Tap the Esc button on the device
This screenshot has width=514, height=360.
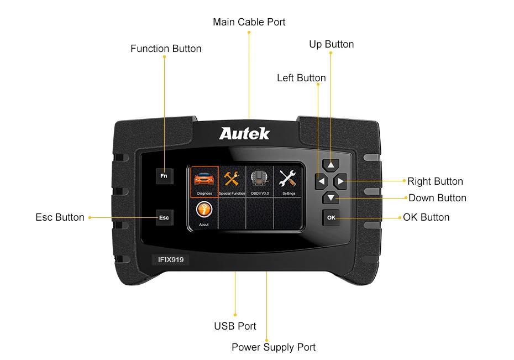click(164, 217)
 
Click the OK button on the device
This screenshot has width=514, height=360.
click(331, 217)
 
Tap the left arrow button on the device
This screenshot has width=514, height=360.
click(321, 181)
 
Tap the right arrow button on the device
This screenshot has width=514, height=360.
click(340, 181)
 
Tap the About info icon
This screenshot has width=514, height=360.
click(204, 211)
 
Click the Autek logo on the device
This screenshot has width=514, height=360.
click(244, 133)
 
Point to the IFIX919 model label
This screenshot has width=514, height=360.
click(170, 259)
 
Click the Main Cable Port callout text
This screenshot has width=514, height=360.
click(249, 22)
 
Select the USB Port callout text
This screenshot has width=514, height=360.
click(235, 326)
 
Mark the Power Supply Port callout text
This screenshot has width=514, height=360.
click(274, 347)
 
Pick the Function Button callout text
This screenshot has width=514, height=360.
click(166, 49)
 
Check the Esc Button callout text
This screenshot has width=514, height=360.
click(60, 217)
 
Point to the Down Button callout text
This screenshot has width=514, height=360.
click(437, 198)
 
